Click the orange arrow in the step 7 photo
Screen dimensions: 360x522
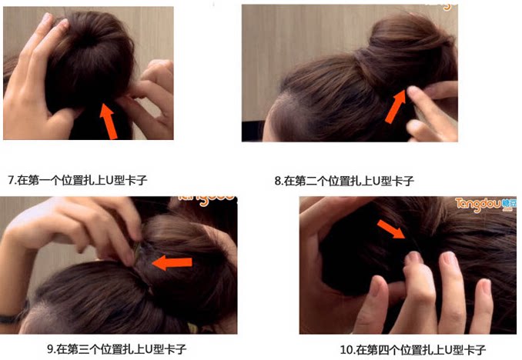coord(110,122)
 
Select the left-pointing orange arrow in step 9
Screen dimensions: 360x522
coord(172,263)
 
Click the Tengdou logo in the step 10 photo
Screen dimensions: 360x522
coord(486,204)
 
